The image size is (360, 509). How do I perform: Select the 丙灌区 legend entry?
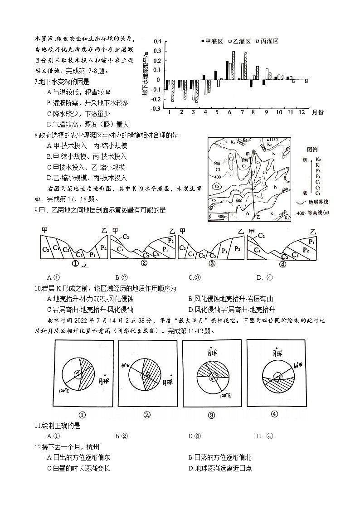click(267, 41)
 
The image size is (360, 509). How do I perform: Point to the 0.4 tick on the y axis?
click(157, 41)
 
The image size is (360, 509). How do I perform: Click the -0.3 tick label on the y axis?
click(156, 109)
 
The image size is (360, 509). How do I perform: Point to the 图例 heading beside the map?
click(312, 149)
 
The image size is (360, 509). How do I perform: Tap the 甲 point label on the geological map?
click(247, 154)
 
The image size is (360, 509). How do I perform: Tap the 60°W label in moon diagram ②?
click(125, 364)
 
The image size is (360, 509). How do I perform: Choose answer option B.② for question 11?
click(122, 436)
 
